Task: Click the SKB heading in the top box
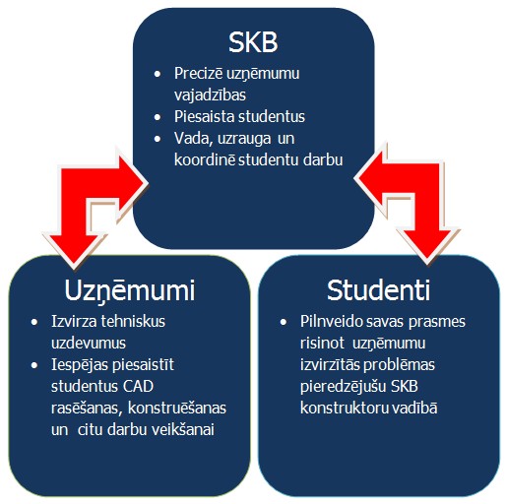pyautogui.click(x=253, y=42)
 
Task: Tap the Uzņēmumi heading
pyautogui.click(x=130, y=291)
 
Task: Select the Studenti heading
pyautogui.click(x=378, y=290)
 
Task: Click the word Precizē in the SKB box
pyautogui.click(x=198, y=73)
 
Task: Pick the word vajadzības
pyautogui.click(x=210, y=95)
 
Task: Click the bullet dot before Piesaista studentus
pyautogui.click(x=158, y=117)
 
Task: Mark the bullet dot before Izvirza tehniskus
pyautogui.click(x=34, y=322)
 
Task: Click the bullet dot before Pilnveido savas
pyautogui.click(x=284, y=322)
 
